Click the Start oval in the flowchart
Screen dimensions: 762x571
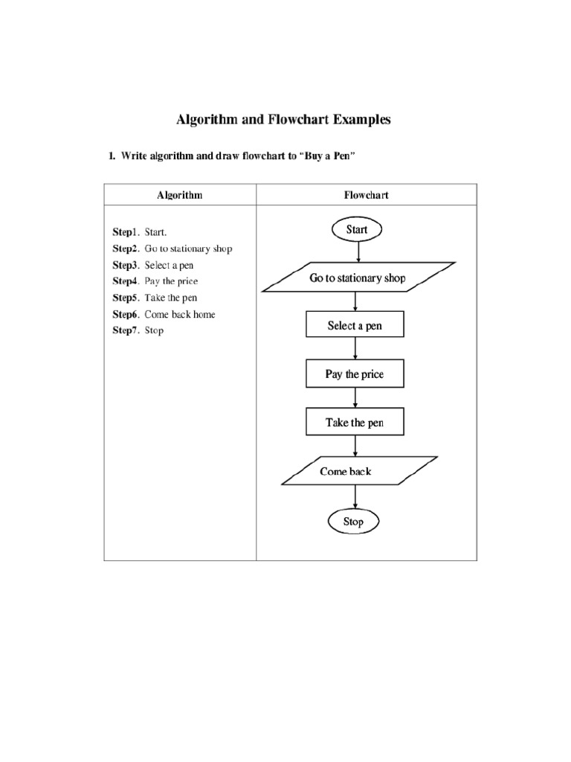pos(357,230)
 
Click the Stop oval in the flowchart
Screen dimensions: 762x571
pos(353,522)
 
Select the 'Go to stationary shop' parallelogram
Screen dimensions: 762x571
pos(357,278)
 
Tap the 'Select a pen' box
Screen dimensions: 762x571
pos(355,326)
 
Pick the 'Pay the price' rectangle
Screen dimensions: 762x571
pos(355,374)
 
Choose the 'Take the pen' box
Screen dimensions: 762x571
pos(355,423)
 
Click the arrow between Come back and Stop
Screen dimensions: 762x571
pos(354,497)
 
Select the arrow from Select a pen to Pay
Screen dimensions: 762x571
pos(355,350)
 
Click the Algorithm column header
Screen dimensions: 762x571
pos(179,195)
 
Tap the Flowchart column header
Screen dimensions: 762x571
pos(366,195)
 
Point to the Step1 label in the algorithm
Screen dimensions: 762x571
pos(126,232)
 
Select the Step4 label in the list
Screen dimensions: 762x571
pos(126,281)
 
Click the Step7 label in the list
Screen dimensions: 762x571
pos(126,330)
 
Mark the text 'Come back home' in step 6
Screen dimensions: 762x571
pos(180,314)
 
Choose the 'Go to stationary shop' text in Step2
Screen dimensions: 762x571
pos(188,249)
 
